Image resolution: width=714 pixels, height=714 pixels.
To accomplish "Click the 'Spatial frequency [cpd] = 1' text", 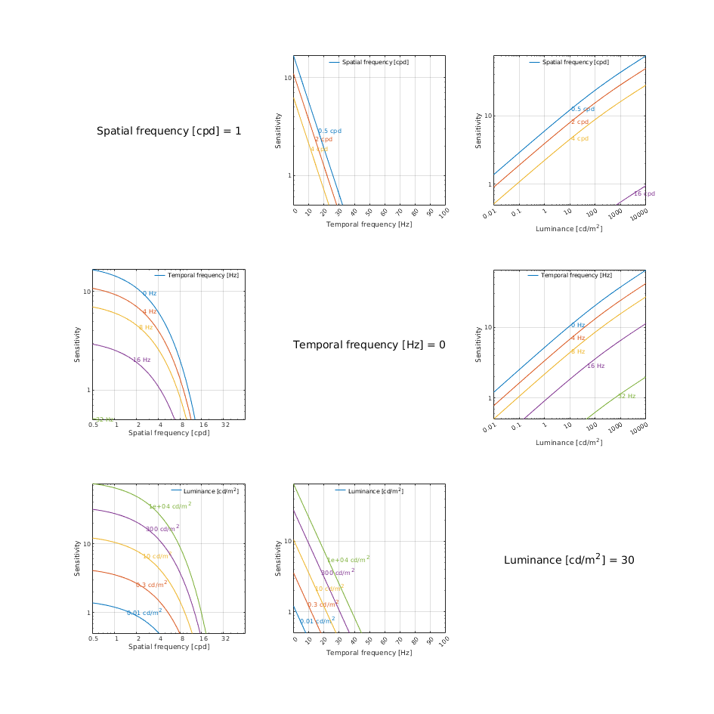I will [x=169, y=131].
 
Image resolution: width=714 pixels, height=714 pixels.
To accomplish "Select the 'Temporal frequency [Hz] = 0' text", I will [x=369, y=345].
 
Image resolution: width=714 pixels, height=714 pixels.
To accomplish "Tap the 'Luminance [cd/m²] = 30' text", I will [x=569, y=560].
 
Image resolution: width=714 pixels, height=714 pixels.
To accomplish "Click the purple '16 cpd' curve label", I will [x=644, y=193].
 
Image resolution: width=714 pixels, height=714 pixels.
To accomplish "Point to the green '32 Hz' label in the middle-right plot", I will [x=626, y=396].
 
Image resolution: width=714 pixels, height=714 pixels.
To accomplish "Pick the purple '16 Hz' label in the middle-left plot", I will [x=141, y=360].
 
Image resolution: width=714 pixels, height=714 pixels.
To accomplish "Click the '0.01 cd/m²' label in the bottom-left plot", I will [x=144, y=612].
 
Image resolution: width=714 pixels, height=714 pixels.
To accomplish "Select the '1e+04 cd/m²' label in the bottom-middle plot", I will [x=348, y=559].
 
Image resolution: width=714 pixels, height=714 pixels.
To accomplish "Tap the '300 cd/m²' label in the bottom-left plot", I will [x=162, y=528].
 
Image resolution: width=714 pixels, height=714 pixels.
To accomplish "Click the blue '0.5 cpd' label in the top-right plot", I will [x=583, y=109].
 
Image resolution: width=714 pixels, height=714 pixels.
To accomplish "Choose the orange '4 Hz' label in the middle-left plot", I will [x=150, y=311].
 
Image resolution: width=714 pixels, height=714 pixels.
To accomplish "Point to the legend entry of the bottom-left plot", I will [x=210, y=491].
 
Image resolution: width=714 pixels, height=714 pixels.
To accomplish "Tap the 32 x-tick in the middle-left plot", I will [x=225, y=425].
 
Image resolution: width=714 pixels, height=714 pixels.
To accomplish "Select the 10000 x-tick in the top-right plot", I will [x=639, y=215].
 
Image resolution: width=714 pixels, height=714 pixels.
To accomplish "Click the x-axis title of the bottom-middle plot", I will [x=369, y=652].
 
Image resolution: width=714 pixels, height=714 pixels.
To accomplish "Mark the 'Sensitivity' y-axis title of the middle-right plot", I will [x=478, y=344].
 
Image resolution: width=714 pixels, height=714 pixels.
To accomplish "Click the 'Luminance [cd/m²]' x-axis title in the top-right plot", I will [x=569, y=228].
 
